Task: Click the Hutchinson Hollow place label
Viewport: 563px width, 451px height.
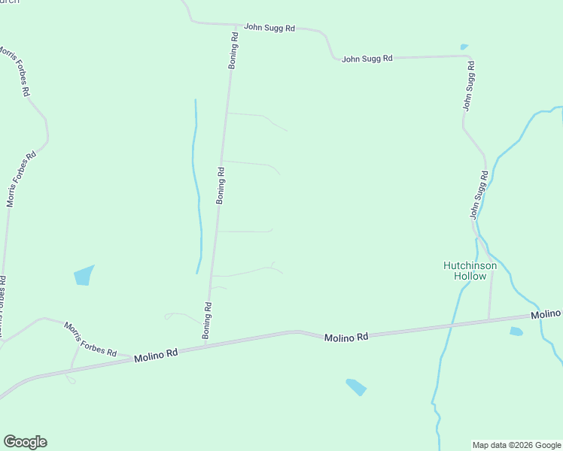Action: (x=469, y=271)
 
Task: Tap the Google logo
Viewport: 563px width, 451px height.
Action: (x=25, y=442)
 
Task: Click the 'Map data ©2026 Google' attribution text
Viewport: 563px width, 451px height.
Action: (x=516, y=445)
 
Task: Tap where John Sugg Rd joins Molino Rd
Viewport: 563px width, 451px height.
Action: (x=488, y=319)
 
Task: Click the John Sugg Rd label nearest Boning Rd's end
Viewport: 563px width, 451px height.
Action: (x=269, y=27)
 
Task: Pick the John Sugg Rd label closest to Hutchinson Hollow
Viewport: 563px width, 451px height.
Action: (x=479, y=195)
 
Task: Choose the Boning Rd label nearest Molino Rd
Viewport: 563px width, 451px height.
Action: (x=207, y=321)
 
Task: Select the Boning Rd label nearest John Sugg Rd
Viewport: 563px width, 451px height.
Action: (x=234, y=50)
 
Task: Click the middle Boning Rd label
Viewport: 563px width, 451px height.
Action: (x=221, y=186)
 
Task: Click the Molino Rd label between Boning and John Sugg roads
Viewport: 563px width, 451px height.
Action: (x=346, y=337)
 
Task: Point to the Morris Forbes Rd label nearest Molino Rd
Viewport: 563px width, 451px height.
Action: (x=90, y=340)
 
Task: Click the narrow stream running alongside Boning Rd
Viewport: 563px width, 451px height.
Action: (x=197, y=188)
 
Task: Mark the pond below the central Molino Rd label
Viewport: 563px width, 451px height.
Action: (x=356, y=387)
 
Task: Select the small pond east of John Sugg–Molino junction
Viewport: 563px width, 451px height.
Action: (x=516, y=331)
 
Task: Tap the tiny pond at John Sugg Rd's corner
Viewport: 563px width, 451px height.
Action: (x=464, y=47)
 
